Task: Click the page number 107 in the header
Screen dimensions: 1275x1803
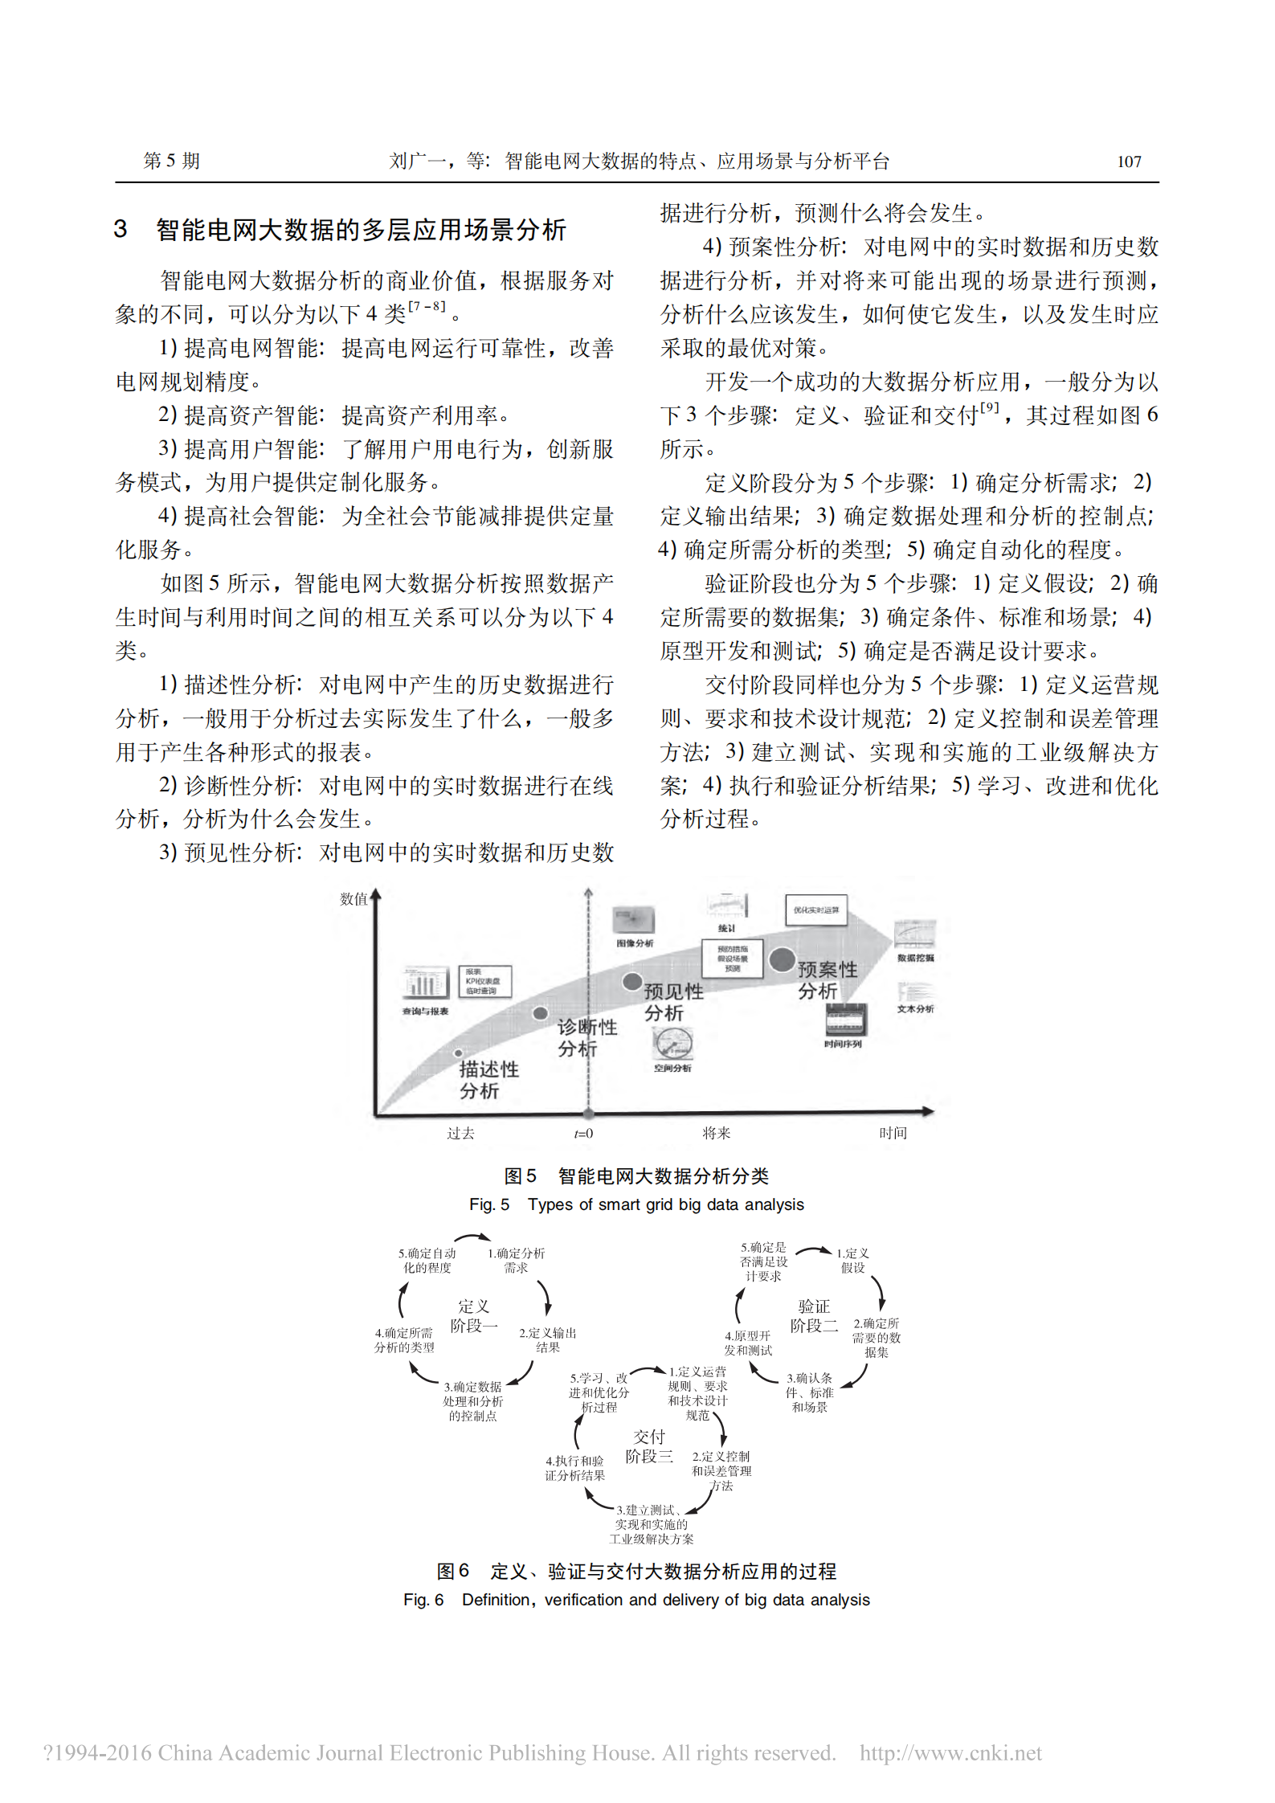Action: [x=1128, y=161]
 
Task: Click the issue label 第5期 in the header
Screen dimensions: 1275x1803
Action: [x=171, y=161]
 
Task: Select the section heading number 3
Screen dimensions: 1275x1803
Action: [x=121, y=230]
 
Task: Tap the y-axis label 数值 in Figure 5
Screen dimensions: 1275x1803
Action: [x=353, y=899]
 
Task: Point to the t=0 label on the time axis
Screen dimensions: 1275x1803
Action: [x=583, y=1134]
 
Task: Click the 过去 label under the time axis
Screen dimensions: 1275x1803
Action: [x=460, y=1134]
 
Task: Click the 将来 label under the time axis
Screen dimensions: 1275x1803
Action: [x=716, y=1134]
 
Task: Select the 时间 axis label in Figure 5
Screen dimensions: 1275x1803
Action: [x=893, y=1134]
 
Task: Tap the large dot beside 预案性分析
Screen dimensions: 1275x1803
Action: [x=782, y=959]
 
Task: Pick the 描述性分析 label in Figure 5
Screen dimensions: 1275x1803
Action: [x=488, y=1080]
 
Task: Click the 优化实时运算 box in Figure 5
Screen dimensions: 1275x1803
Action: [x=815, y=910]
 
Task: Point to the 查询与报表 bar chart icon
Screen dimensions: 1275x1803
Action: [x=425, y=983]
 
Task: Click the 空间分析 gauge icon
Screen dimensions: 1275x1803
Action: [x=672, y=1044]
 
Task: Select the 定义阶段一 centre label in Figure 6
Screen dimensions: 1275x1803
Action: [x=473, y=1316]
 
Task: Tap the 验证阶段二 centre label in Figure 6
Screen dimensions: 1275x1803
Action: [x=814, y=1316]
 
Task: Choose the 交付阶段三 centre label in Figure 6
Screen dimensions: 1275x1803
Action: [x=649, y=1446]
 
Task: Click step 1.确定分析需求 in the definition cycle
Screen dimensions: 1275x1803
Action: [x=516, y=1261]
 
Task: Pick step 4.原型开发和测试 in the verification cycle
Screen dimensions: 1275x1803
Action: [x=748, y=1343]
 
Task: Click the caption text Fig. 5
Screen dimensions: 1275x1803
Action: [x=488, y=1204]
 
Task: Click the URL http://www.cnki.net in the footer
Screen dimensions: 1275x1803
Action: [x=950, y=1752]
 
